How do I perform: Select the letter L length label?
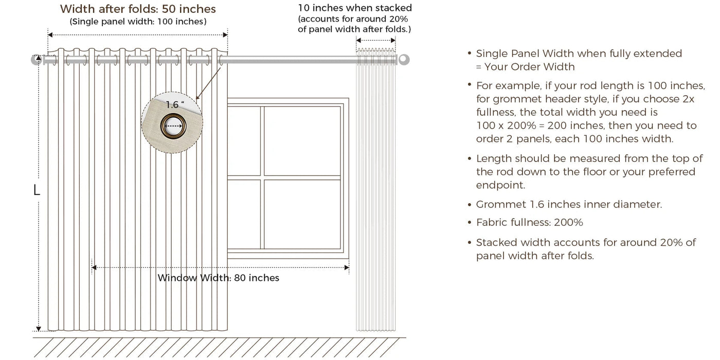pos(37,190)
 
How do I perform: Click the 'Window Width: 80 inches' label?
pos(218,278)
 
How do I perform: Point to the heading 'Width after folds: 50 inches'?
pos(138,9)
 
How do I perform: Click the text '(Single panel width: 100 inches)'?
pos(138,22)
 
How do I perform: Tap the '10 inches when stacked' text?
pos(355,8)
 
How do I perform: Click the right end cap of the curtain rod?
pos(404,60)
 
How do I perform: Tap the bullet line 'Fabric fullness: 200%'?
pos(529,223)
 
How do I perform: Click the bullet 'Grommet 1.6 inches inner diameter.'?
pos(569,205)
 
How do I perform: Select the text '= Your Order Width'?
pos(525,67)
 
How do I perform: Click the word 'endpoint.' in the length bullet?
pos(500,185)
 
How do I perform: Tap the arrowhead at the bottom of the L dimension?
pos(39,329)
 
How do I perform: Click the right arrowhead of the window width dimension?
pos(347,267)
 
